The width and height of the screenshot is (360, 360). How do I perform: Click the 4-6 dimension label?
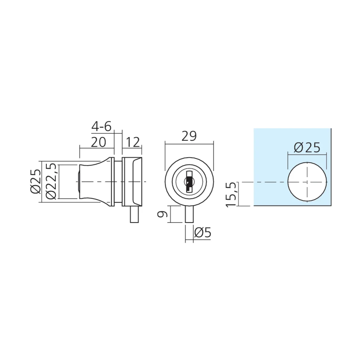point(101,126)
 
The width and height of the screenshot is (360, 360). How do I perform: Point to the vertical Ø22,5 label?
point(51,181)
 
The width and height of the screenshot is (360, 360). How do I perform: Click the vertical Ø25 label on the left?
point(36,181)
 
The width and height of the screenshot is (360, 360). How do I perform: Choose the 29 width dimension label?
point(189,136)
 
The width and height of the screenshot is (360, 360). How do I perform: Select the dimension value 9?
point(163,214)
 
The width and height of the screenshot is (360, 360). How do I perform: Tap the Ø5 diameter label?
point(202,233)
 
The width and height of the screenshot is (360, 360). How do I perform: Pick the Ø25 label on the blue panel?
point(307,147)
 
